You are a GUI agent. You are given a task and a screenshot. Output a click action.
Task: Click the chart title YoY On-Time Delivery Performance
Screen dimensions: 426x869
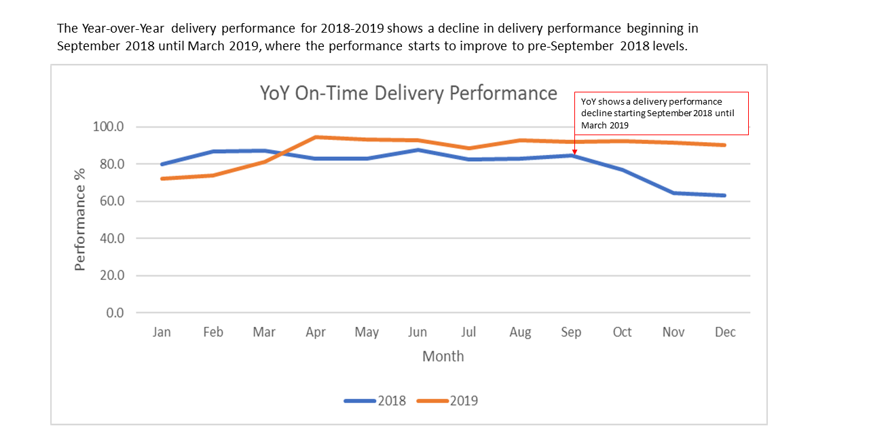point(409,93)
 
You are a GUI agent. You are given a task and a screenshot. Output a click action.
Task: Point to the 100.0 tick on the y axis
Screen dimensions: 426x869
point(110,127)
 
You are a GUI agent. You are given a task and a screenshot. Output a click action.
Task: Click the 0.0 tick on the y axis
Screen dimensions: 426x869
point(115,313)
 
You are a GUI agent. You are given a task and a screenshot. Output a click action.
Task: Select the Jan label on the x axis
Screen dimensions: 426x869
point(162,332)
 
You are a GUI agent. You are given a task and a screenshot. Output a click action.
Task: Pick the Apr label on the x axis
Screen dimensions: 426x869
point(315,332)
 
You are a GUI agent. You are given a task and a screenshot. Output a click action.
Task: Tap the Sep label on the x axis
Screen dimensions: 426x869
point(571,332)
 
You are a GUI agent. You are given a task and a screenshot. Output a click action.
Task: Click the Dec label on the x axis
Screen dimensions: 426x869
point(724,332)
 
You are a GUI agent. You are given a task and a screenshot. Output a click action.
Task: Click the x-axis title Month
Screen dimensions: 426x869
point(443,356)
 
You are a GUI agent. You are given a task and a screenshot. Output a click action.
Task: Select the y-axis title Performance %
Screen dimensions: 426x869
point(80,219)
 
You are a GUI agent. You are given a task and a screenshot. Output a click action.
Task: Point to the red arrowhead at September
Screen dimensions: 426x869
point(574,152)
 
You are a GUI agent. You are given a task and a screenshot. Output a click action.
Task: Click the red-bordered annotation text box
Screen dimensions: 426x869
point(661,113)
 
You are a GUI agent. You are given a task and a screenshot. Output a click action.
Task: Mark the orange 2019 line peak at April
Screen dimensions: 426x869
point(316,137)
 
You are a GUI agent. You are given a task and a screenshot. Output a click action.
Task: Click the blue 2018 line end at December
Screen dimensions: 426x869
point(724,196)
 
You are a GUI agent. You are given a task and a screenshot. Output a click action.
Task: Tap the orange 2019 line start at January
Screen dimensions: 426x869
point(162,179)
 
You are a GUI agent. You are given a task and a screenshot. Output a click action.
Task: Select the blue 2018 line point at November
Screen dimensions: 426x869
point(673,193)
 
